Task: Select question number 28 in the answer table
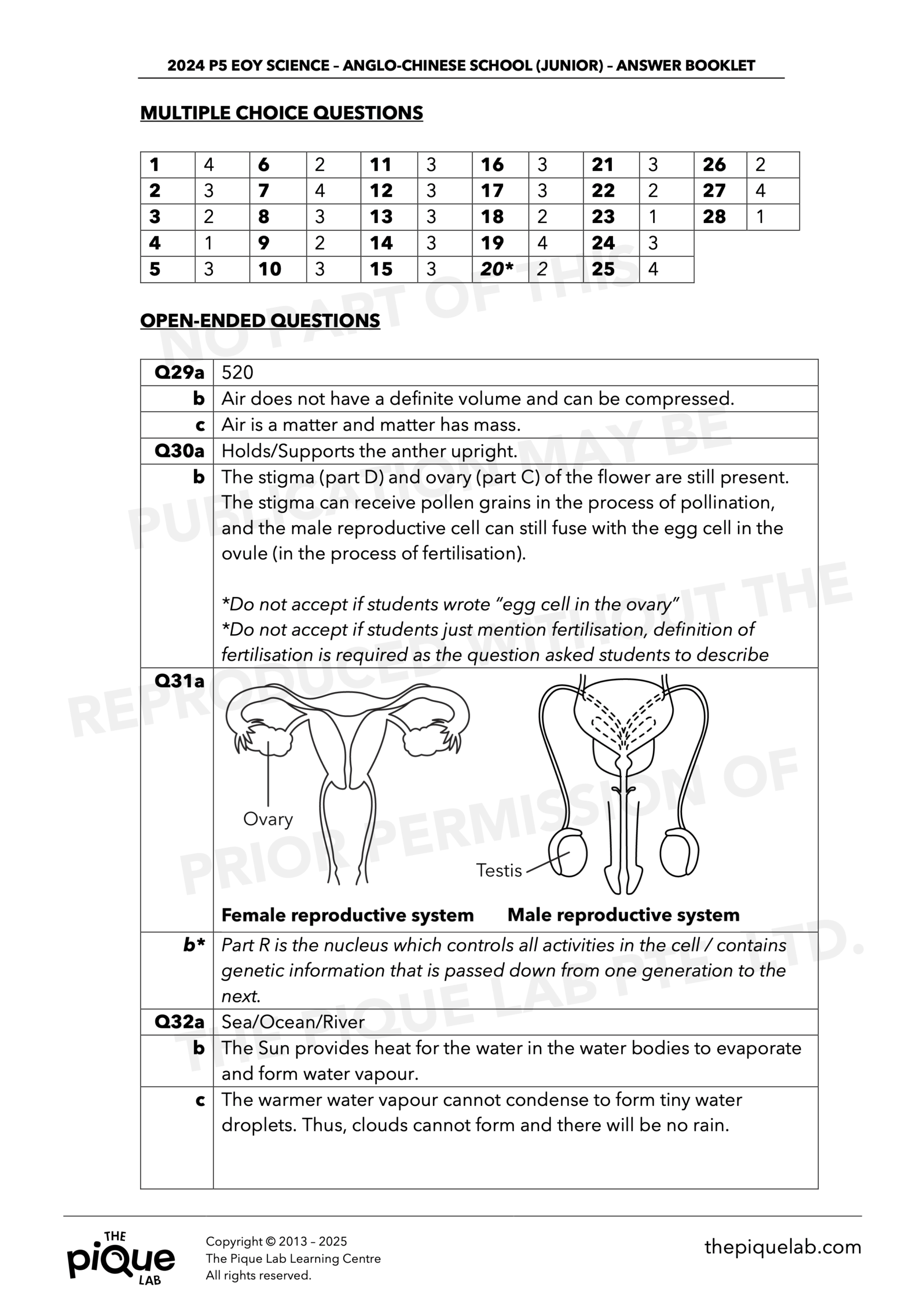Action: point(714,217)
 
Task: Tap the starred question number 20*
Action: point(497,269)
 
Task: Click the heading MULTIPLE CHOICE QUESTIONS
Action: point(281,113)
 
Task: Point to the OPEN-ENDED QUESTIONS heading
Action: point(260,321)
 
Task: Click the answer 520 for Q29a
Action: point(237,372)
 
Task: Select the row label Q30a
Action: point(179,451)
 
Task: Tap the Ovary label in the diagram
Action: point(267,819)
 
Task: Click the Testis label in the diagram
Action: point(498,870)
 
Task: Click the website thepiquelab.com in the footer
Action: point(783,1247)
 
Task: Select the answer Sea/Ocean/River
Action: point(293,1022)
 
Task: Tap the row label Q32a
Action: point(179,1022)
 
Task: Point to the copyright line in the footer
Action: point(276,1241)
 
